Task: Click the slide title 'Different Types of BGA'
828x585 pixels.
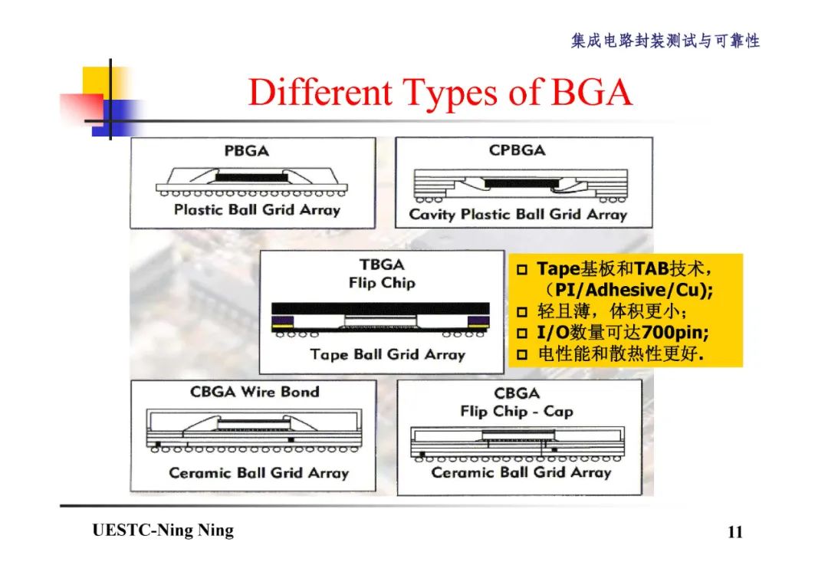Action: (440, 94)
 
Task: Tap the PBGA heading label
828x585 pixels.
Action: (247, 151)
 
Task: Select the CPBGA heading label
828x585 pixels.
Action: (517, 150)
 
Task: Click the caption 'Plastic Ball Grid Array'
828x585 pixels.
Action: (256, 209)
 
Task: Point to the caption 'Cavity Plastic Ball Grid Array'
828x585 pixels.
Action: (517, 215)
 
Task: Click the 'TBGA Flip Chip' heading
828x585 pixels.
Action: (382, 274)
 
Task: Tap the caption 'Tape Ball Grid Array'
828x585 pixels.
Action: (387, 354)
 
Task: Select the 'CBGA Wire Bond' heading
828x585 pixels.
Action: (255, 392)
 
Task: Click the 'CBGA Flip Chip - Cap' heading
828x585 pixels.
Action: (516, 403)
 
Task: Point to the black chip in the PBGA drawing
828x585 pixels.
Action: (252, 176)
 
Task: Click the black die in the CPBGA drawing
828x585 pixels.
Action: (518, 183)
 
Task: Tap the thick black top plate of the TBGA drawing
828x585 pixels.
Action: (380, 307)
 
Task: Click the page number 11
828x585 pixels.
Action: (734, 532)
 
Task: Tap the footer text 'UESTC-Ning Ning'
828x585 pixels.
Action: (163, 531)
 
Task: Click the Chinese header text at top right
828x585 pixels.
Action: (665, 41)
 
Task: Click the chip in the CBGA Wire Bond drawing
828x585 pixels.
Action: (252, 423)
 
